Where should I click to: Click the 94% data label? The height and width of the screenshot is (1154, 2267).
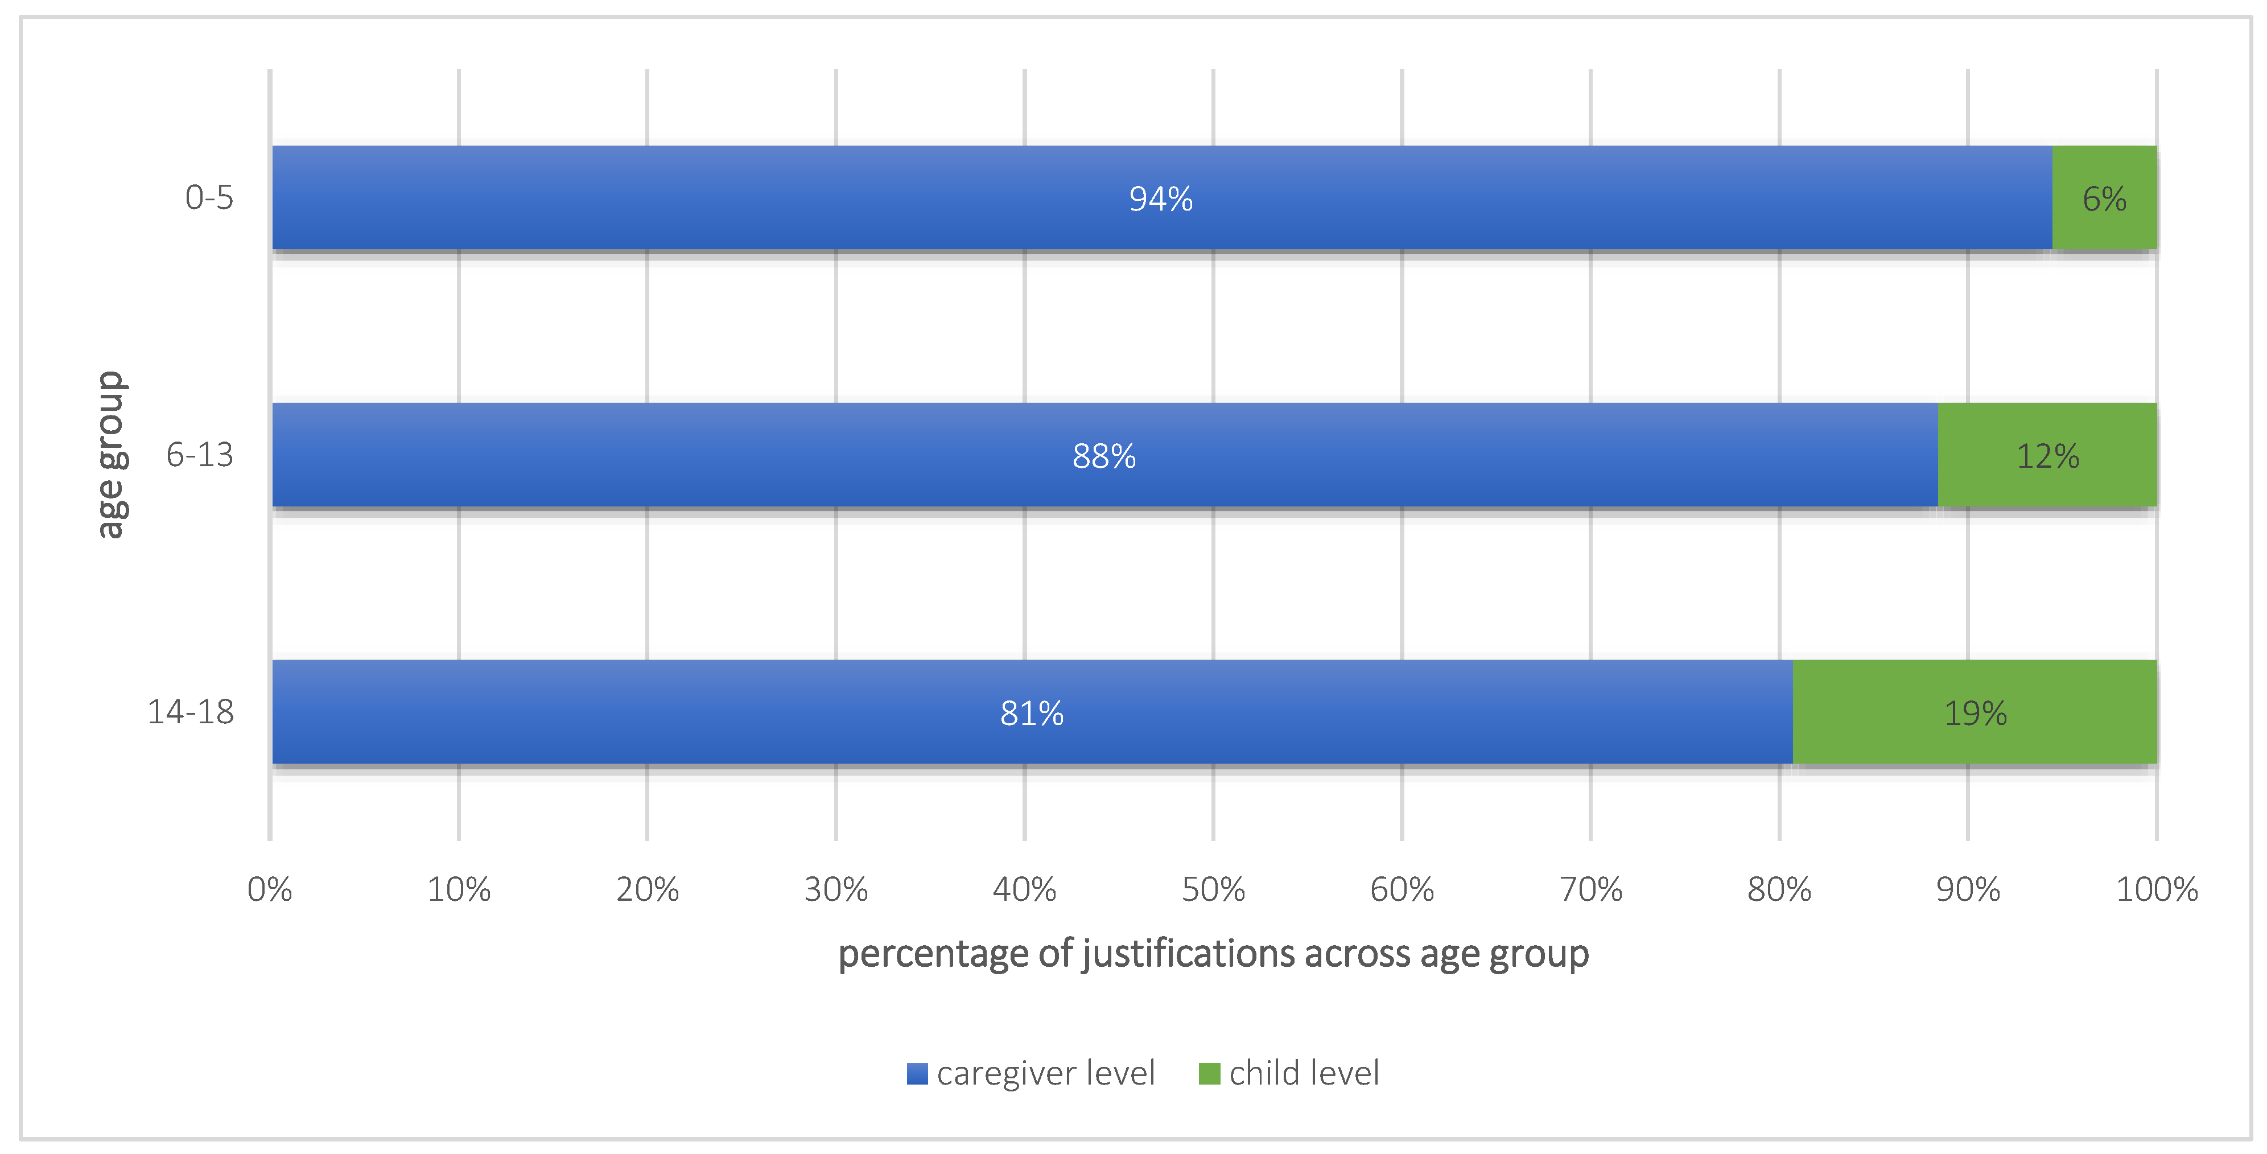coord(1161,199)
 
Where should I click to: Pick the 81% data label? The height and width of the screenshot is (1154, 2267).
coord(1032,713)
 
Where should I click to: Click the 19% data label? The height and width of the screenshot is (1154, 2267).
coord(1975,713)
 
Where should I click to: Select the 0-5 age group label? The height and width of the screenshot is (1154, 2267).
coord(209,197)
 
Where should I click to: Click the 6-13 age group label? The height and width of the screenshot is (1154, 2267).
coord(200,454)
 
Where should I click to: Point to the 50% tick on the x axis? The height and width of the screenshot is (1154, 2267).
coord(1213,889)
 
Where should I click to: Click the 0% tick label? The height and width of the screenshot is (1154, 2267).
coord(269,889)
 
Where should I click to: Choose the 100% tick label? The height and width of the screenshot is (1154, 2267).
coord(2156,889)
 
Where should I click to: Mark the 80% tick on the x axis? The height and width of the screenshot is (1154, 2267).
coord(1779,889)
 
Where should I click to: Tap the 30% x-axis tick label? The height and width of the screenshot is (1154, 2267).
coord(835,889)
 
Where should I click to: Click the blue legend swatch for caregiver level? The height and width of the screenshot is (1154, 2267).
coord(917,1074)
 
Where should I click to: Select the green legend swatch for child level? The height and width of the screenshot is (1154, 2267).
coord(1209,1074)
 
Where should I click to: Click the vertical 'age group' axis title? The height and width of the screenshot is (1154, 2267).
coord(112,454)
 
